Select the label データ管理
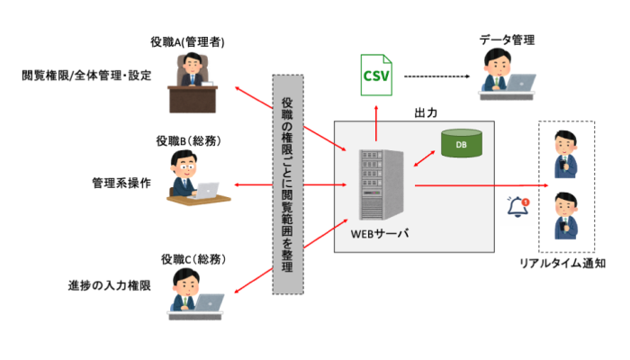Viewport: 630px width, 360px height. (x=506, y=40)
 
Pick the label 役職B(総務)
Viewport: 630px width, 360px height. (x=189, y=140)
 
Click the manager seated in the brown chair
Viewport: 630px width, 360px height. (x=192, y=73)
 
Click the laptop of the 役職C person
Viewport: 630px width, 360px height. (x=210, y=302)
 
